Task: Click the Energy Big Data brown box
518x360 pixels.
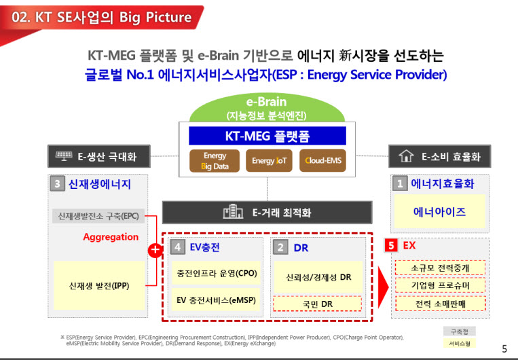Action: click(x=215, y=161)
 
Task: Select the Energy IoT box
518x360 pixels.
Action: click(x=269, y=161)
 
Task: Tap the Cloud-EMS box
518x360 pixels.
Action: click(x=322, y=161)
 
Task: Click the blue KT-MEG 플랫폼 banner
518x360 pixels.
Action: click(x=267, y=136)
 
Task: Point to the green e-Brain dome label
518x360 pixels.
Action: click(x=267, y=108)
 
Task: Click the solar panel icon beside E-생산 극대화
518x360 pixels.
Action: click(x=64, y=156)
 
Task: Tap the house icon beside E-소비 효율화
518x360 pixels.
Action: click(x=406, y=156)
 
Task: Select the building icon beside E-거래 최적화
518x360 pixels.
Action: click(x=233, y=211)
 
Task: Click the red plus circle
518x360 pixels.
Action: click(x=155, y=251)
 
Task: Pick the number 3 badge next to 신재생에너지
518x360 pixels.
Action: click(x=57, y=184)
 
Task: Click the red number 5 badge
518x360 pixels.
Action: click(x=391, y=246)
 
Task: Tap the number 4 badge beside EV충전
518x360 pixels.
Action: click(x=177, y=247)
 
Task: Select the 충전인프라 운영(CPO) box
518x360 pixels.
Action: click(x=217, y=273)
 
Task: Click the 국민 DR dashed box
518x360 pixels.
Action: click(x=317, y=304)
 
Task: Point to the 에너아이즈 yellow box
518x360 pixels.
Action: click(x=439, y=211)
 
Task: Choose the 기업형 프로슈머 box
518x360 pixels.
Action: click(x=440, y=285)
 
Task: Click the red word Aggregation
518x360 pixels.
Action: click(x=111, y=237)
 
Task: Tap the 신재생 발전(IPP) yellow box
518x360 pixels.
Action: click(x=99, y=285)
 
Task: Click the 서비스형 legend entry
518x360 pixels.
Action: click(x=460, y=344)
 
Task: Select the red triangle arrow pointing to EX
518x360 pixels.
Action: click(x=383, y=287)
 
